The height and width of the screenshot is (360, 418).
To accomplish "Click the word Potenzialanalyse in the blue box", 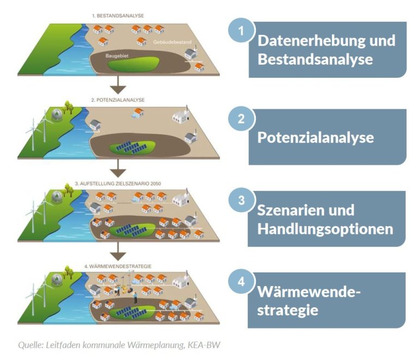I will coord(315,138).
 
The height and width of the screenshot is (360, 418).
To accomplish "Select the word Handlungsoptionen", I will coord(325,229).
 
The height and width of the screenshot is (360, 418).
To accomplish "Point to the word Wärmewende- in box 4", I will coord(309,293).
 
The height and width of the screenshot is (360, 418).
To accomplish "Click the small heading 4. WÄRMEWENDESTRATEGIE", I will coord(118,266).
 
